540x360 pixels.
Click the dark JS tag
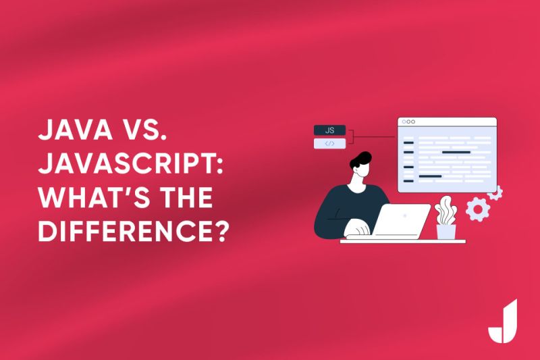pos(329,130)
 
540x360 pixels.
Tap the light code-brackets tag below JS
pos(329,143)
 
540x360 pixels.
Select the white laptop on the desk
pos(402,220)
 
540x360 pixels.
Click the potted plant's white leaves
pos(446,211)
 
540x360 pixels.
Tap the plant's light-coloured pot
pos(446,232)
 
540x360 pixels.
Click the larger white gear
pos(477,209)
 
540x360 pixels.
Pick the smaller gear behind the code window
pos(496,193)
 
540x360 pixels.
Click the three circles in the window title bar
pos(409,122)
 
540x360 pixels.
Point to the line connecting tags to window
pos(371,137)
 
